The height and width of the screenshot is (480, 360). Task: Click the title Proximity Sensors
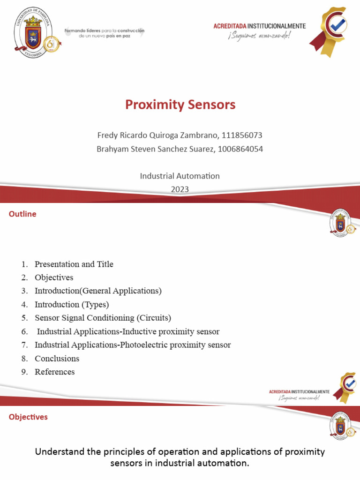click(180, 105)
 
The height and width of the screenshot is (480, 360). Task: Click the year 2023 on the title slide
click(180, 189)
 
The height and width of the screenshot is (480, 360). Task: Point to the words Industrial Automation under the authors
click(180, 176)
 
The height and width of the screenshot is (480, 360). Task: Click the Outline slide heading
click(22, 214)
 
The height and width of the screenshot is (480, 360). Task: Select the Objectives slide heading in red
click(28, 417)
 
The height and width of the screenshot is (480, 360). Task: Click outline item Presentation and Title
click(74, 264)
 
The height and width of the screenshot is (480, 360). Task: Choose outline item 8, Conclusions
click(57, 359)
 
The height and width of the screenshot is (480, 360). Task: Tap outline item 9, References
click(54, 372)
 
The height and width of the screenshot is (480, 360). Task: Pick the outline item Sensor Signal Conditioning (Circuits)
click(103, 318)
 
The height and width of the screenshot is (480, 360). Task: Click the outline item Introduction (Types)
click(72, 305)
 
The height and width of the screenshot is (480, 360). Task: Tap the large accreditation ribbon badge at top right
click(330, 31)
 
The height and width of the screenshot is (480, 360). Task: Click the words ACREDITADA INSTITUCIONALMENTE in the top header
click(259, 26)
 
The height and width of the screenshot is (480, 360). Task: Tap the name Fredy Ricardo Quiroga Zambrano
click(157, 135)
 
